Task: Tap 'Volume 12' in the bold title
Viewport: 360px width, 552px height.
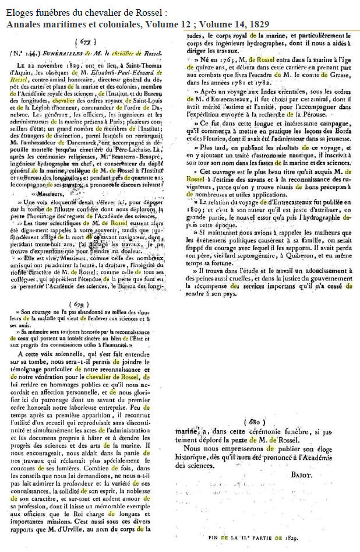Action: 165,23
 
